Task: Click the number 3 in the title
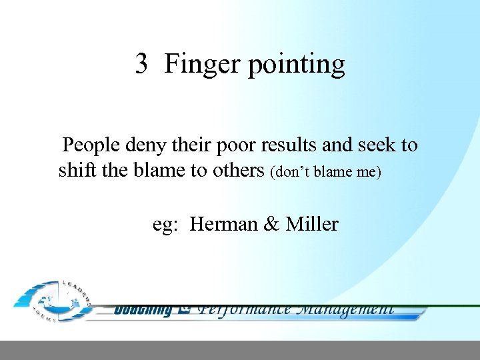click(141, 64)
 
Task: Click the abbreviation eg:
click(165, 225)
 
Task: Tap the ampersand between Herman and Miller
click(271, 224)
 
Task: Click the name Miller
click(312, 224)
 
